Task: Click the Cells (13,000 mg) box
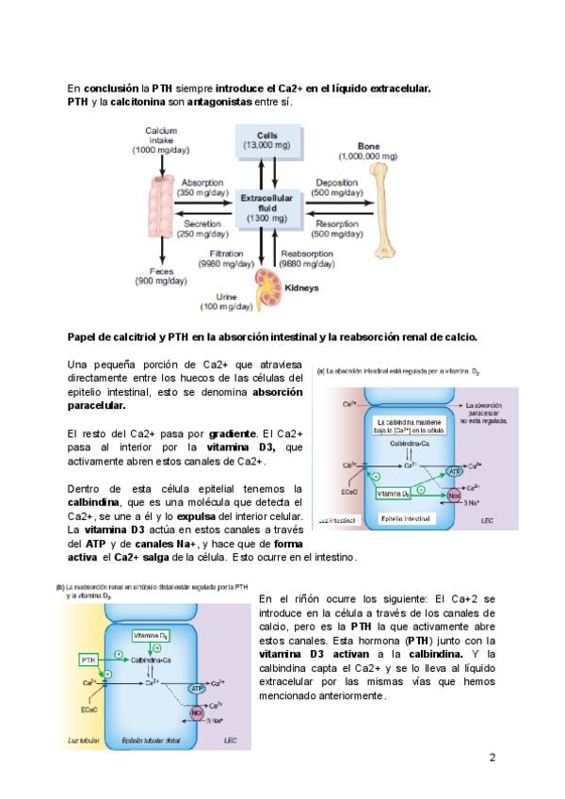coord(266,141)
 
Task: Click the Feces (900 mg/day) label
coord(161,276)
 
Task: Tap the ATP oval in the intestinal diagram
coord(453,470)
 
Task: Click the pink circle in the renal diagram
coord(198,714)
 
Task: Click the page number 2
coord(492,758)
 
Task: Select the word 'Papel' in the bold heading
coord(83,336)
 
